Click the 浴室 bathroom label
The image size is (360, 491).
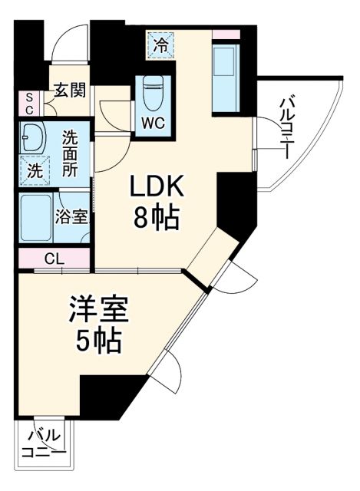[x=71, y=217]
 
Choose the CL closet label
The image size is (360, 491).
[x=54, y=259]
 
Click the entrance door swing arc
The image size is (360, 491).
[x=71, y=44]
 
